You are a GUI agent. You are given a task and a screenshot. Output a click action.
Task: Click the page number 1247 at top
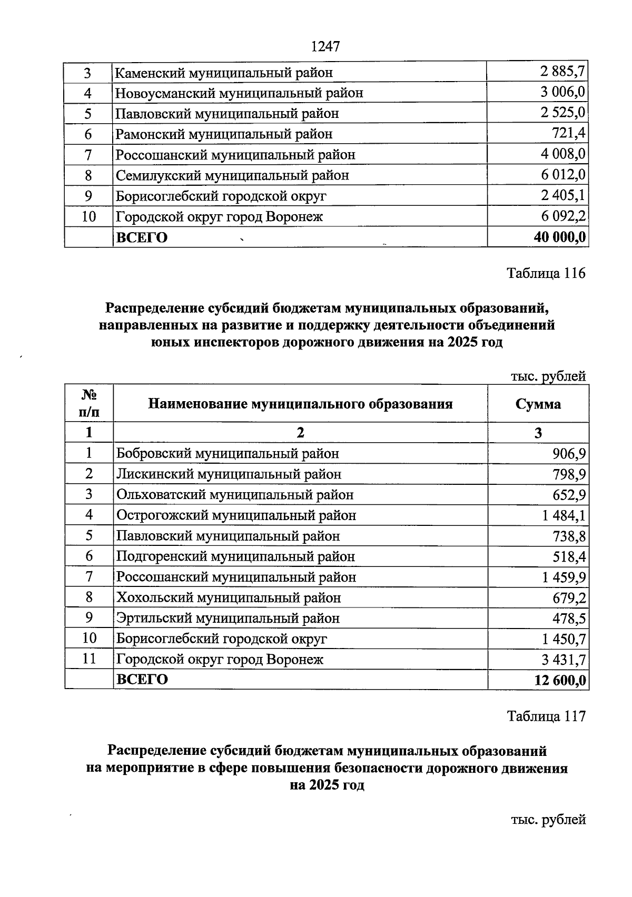click(x=325, y=46)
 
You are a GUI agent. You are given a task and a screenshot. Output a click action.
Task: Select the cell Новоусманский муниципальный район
click(x=239, y=93)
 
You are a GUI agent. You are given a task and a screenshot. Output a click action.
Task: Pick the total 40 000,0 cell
click(x=559, y=237)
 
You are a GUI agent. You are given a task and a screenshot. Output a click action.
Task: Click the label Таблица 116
click(x=546, y=273)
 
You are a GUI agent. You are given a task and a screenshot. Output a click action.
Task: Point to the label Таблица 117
click(x=546, y=716)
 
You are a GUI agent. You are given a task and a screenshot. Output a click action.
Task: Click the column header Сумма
click(x=538, y=404)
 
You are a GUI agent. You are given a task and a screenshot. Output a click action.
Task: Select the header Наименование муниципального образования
click(x=300, y=404)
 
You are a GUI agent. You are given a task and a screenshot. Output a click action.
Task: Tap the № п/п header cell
click(x=88, y=403)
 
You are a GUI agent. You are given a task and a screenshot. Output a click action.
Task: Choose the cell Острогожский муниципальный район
click(x=236, y=515)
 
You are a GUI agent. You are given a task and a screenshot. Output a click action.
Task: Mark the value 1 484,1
click(x=564, y=515)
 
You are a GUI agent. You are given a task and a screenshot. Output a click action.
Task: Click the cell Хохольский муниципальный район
click(x=229, y=598)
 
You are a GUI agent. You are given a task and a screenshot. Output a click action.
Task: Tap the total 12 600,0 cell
click(x=560, y=680)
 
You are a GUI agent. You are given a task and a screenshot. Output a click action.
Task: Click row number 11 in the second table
click(x=89, y=659)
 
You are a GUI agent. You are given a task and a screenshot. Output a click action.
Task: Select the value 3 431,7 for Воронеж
click(x=564, y=660)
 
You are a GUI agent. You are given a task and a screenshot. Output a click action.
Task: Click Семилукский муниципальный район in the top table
click(x=232, y=175)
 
